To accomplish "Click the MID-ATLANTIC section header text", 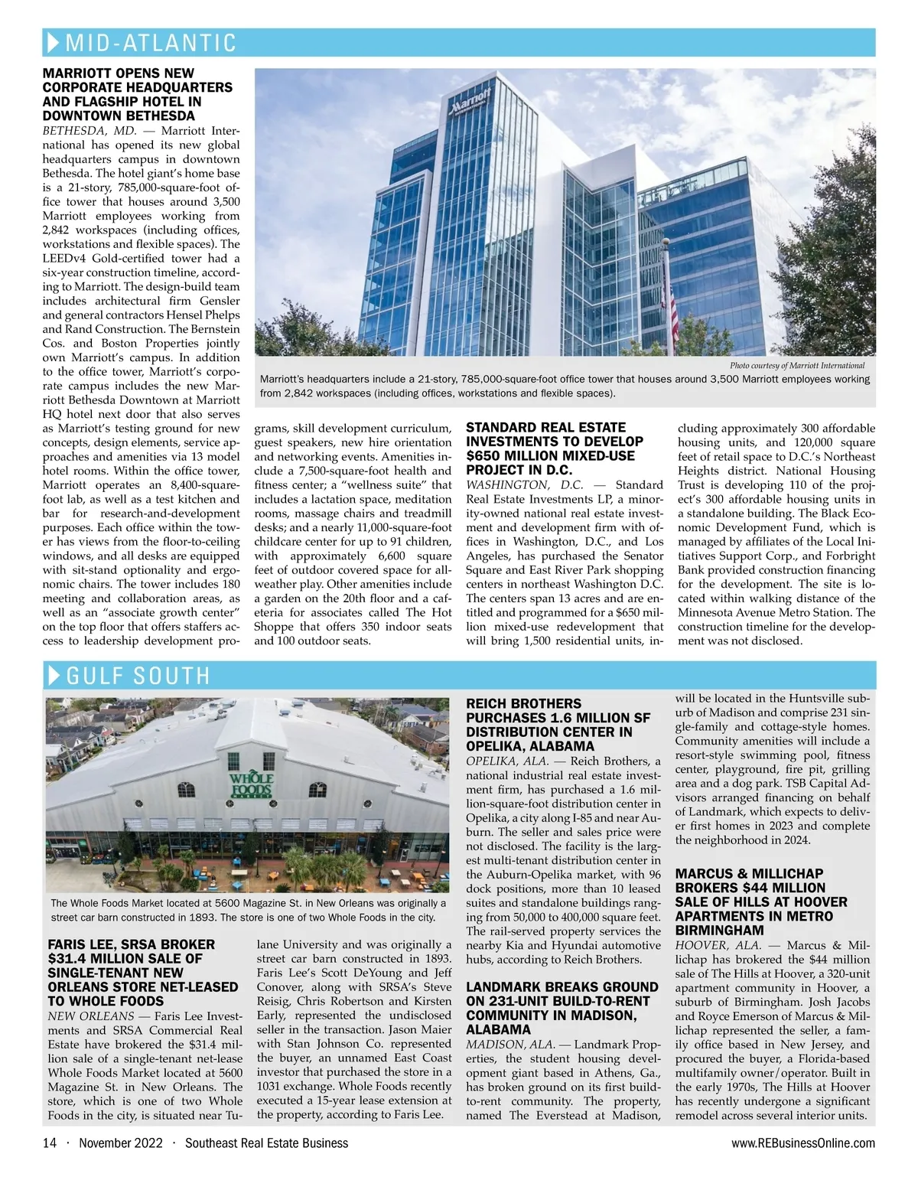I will (151, 43).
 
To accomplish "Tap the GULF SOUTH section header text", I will (138, 676).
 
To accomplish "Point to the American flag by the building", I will (673, 306).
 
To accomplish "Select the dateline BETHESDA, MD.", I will (90, 130).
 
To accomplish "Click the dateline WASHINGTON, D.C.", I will (525, 484).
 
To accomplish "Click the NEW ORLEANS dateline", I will (91, 1016).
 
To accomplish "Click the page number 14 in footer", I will (50, 1143).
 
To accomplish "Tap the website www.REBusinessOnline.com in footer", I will (803, 1143).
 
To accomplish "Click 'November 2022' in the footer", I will (121, 1143).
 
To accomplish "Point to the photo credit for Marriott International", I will (797, 366).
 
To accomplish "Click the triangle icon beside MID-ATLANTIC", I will (54, 42).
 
